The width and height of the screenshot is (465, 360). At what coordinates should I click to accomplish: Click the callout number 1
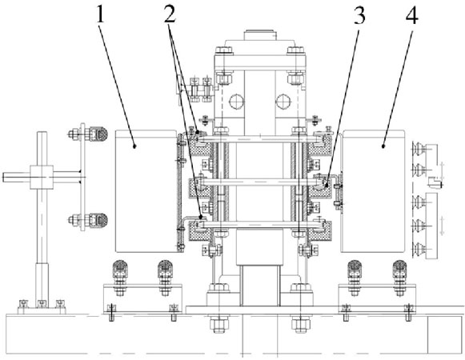[x=101, y=15]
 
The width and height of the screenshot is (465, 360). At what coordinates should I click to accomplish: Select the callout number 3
[x=359, y=15]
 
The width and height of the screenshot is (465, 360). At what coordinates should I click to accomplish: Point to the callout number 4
[x=412, y=15]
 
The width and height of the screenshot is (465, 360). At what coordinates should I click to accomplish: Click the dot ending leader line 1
[x=135, y=146]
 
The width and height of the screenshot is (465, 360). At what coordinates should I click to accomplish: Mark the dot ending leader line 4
[x=383, y=146]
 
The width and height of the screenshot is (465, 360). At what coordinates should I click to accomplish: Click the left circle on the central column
[x=237, y=102]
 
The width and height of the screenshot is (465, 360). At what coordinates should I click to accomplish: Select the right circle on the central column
[x=283, y=102]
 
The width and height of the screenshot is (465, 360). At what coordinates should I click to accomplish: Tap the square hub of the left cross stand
[x=42, y=177]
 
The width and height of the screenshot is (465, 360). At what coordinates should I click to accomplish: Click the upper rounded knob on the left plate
[x=99, y=134]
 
